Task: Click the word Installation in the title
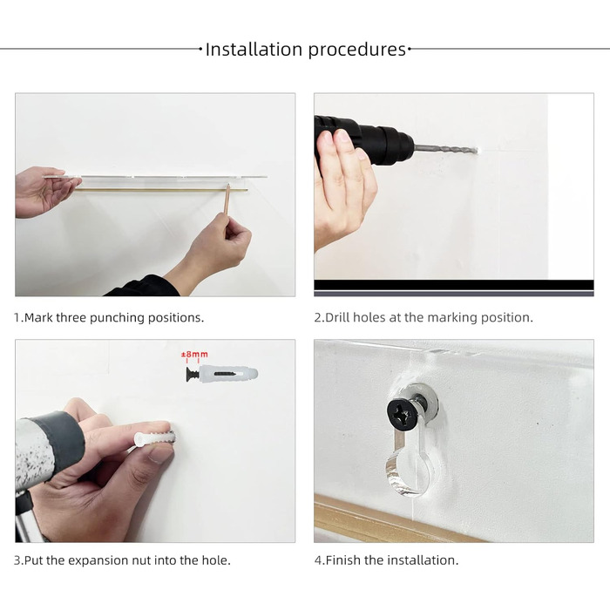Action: (x=254, y=50)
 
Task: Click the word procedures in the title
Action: (x=357, y=51)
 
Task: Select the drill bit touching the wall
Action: (x=446, y=149)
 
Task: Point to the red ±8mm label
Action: (x=194, y=355)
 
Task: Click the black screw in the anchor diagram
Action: (x=193, y=374)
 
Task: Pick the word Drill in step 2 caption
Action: (x=338, y=317)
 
